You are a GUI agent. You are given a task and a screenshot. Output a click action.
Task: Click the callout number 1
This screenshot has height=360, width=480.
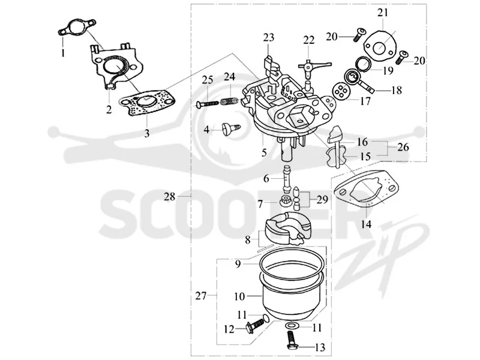click(63, 53)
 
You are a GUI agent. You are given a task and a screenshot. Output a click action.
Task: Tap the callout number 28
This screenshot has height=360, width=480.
click(170, 197)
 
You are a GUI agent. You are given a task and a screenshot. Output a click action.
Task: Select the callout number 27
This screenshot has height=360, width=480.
click(201, 296)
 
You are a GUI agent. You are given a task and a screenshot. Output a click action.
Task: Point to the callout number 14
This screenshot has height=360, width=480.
click(366, 224)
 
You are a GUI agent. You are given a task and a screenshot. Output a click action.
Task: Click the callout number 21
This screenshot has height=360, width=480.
click(383, 13)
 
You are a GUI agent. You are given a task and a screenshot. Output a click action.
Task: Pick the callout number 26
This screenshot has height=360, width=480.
click(403, 147)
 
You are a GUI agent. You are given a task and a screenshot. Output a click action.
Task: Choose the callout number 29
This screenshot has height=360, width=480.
click(322, 200)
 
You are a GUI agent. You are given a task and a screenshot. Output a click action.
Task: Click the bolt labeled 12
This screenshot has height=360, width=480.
click(254, 325)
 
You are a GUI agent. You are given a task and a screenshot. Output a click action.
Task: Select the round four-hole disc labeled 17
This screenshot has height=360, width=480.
click(340, 91)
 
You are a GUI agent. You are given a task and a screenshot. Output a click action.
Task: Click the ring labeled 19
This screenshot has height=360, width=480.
click(364, 64)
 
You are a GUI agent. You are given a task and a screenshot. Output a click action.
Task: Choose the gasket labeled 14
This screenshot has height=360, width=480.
click(366, 190)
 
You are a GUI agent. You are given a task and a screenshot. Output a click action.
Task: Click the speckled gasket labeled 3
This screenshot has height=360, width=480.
click(147, 102)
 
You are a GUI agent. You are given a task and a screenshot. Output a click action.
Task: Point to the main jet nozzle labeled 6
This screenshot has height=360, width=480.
click(287, 179)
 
